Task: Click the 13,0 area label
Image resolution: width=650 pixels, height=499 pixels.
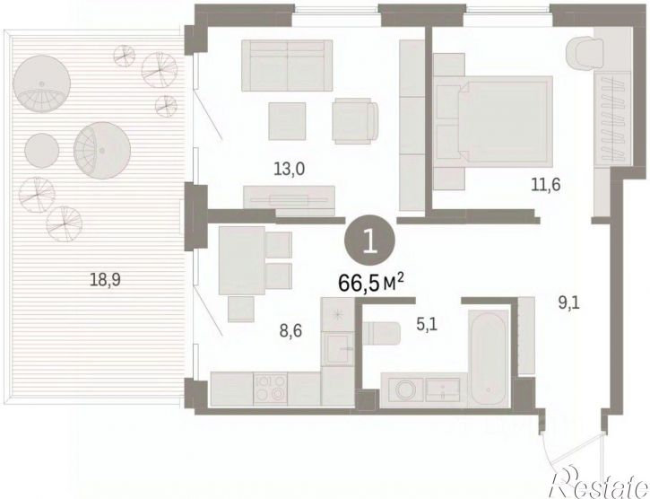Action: (289, 170)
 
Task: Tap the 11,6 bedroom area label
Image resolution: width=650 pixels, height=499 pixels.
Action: (546, 184)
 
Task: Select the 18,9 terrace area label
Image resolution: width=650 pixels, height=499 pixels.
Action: (105, 280)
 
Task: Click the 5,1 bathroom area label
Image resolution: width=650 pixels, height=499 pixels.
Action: (427, 323)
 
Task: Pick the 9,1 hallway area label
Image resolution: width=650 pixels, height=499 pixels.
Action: (569, 303)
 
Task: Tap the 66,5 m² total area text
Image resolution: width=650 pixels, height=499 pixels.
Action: (371, 283)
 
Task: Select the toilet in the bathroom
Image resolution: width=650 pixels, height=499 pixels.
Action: (381, 333)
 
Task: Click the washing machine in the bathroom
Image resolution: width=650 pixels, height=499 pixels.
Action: (403, 390)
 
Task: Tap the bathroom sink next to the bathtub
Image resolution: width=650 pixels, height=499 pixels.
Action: (443, 389)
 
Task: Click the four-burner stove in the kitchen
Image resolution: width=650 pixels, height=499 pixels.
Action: (270, 389)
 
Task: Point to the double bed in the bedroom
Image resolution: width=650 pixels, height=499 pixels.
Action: (493, 122)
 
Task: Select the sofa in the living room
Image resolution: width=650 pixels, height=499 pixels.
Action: (287, 66)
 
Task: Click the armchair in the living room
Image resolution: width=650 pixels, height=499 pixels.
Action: (355, 121)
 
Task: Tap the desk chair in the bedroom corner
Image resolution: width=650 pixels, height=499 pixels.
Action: (585, 53)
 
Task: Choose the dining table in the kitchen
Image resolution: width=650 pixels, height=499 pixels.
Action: (242, 260)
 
